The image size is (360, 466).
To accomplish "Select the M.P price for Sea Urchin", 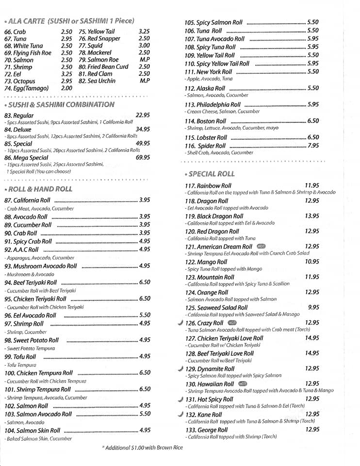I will point(144,81).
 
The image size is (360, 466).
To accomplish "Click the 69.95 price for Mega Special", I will point(143,157).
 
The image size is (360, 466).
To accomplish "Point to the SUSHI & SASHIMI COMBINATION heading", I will point(59,104).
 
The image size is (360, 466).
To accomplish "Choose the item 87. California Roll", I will point(27,200).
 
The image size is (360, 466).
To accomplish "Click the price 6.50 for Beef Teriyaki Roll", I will point(145,282).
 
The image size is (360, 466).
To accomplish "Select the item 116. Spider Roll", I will point(205,146).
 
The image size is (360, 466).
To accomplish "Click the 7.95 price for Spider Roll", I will point(313,146).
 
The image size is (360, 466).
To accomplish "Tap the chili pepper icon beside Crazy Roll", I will point(180,323).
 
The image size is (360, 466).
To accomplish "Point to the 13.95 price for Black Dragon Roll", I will point(312,216).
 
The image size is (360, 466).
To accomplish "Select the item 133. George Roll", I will point(206,430).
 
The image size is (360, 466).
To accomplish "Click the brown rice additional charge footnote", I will point(142,448).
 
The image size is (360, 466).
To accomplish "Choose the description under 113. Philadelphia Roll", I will point(222,112).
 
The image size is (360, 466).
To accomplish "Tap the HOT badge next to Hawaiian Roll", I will point(243,384).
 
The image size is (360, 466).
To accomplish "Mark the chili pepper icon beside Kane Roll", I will point(180,415).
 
